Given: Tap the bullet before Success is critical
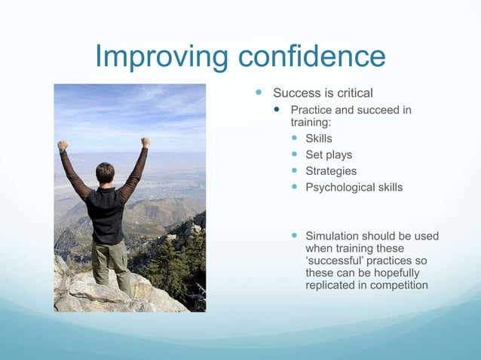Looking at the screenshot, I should point(259,93).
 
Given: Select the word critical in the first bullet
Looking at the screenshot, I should point(351,93).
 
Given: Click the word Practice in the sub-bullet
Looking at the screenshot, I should point(314,111).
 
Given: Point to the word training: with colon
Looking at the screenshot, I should point(311,122).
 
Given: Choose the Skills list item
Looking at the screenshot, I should point(318,139).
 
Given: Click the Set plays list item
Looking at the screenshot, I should point(328,155).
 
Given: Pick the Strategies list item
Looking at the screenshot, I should point(331,171).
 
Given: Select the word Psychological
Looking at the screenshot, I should point(337,187).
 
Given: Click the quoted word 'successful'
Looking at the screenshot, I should point(335,261).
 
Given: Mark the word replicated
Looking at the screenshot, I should point(331,285).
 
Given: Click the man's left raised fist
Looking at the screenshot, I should point(63,145).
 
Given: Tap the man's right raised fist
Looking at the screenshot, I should point(146,142).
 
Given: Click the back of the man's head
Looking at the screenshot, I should point(106,173).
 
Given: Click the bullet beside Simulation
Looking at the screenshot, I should point(296,236).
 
